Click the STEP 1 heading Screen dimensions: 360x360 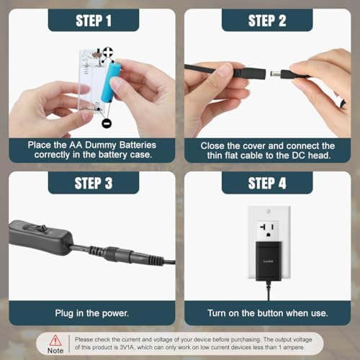click(94, 21)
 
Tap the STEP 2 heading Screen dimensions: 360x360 click(267, 21)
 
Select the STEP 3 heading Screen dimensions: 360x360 click(94, 184)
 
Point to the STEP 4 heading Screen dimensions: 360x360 click(267, 184)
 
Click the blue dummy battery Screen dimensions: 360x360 click(111, 82)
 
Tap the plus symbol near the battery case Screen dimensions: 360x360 click(108, 52)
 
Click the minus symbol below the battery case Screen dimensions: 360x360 click(107, 123)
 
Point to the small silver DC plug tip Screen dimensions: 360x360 click(275, 73)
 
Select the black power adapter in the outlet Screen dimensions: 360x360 click(269, 261)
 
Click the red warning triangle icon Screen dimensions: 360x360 click(55, 340)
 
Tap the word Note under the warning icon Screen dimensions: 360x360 click(55, 351)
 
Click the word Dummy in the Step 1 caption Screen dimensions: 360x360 click(101, 145)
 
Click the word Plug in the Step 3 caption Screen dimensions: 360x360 click(64, 313)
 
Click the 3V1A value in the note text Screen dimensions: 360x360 click(127, 347)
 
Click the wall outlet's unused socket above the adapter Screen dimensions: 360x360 click(268, 230)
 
